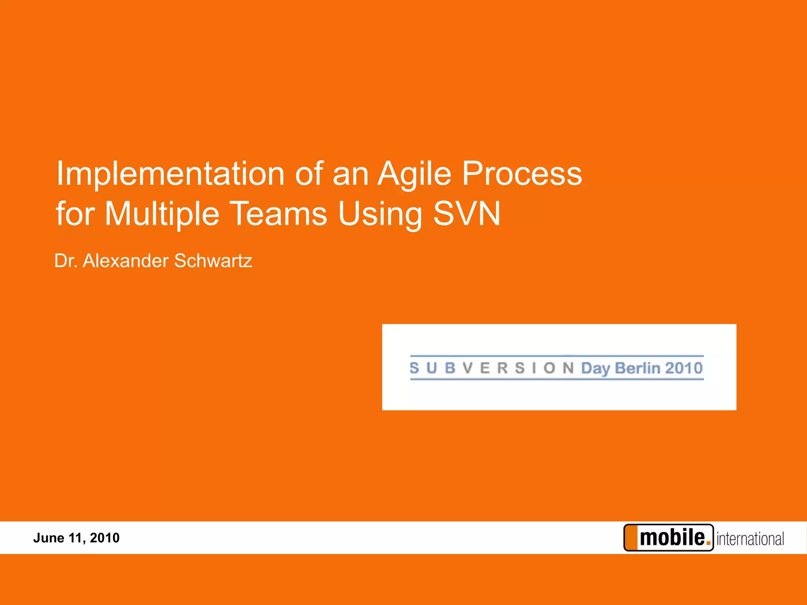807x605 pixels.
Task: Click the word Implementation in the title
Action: click(170, 174)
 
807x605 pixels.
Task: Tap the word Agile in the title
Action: click(414, 174)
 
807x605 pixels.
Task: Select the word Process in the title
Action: click(522, 174)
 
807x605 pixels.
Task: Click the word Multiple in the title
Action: click(162, 214)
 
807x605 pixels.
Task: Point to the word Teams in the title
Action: click(278, 214)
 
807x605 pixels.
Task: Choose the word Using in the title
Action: click(380, 214)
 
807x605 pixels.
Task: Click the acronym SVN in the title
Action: click(467, 214)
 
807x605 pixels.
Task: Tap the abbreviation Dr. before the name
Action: click(66, 261)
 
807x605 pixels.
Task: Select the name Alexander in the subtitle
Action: click(125, 261)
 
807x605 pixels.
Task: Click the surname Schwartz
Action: click(213, 261)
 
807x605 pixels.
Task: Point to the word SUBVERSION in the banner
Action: click(491, 368)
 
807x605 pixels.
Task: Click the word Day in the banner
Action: click(595, 368)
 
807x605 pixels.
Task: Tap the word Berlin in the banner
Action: click(637, 368)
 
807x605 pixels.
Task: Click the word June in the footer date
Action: click(48, 538)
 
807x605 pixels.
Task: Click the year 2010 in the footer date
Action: click(104, 538)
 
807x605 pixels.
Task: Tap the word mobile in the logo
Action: click(672, 538)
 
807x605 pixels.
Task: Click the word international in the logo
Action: click(750, 539)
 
